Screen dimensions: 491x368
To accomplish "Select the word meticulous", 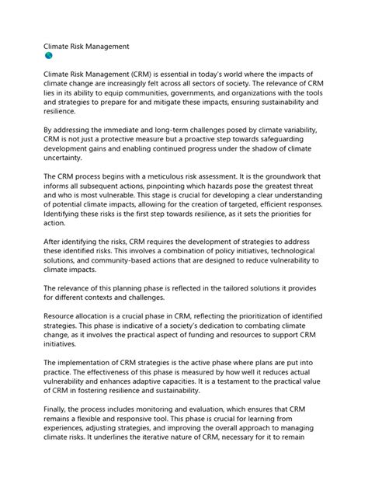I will tap(170, 176).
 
